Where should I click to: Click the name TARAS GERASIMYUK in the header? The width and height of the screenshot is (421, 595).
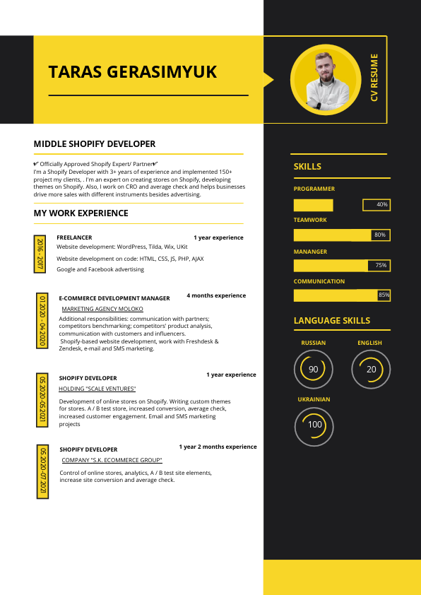(x=132, y=72)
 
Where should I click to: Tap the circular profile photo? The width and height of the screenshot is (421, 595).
(x=326, y=80)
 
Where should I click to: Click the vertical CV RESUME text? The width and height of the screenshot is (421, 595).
(x=374, y=77)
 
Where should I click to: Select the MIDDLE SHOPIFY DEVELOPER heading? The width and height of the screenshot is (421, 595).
(x=95, y=143)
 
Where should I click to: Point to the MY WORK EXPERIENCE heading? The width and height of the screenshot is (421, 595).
(x=81, y=213)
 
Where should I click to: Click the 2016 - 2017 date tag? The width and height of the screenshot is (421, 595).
(x=40, y=254)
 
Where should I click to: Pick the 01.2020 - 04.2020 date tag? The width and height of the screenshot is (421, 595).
(x=42, y=319)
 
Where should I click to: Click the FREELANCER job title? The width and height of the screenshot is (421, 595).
(x=74, y=237)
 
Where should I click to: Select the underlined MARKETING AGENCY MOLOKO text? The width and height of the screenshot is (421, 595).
(x=102, y=309)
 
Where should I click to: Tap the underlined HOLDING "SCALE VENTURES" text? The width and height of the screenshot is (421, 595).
(x=97, y=389)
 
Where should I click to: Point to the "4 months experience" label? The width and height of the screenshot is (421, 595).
(x=216, y=295)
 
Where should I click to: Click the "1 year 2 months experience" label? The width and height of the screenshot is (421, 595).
(x=218, y=447)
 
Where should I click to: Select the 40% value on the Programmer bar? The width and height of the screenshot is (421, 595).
(x=382, y=205)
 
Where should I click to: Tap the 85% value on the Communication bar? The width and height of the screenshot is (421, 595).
(x=384, y=295)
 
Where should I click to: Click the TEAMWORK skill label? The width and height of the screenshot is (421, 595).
(x=310, y=220)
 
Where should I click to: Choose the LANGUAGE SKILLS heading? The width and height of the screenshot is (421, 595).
(x=331, y=321)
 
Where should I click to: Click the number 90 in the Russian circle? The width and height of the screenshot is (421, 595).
(x=314, y=370)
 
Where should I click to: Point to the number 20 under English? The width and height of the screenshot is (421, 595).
(x=371, y=370)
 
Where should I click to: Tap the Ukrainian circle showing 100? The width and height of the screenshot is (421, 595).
(x=314, y=425)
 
